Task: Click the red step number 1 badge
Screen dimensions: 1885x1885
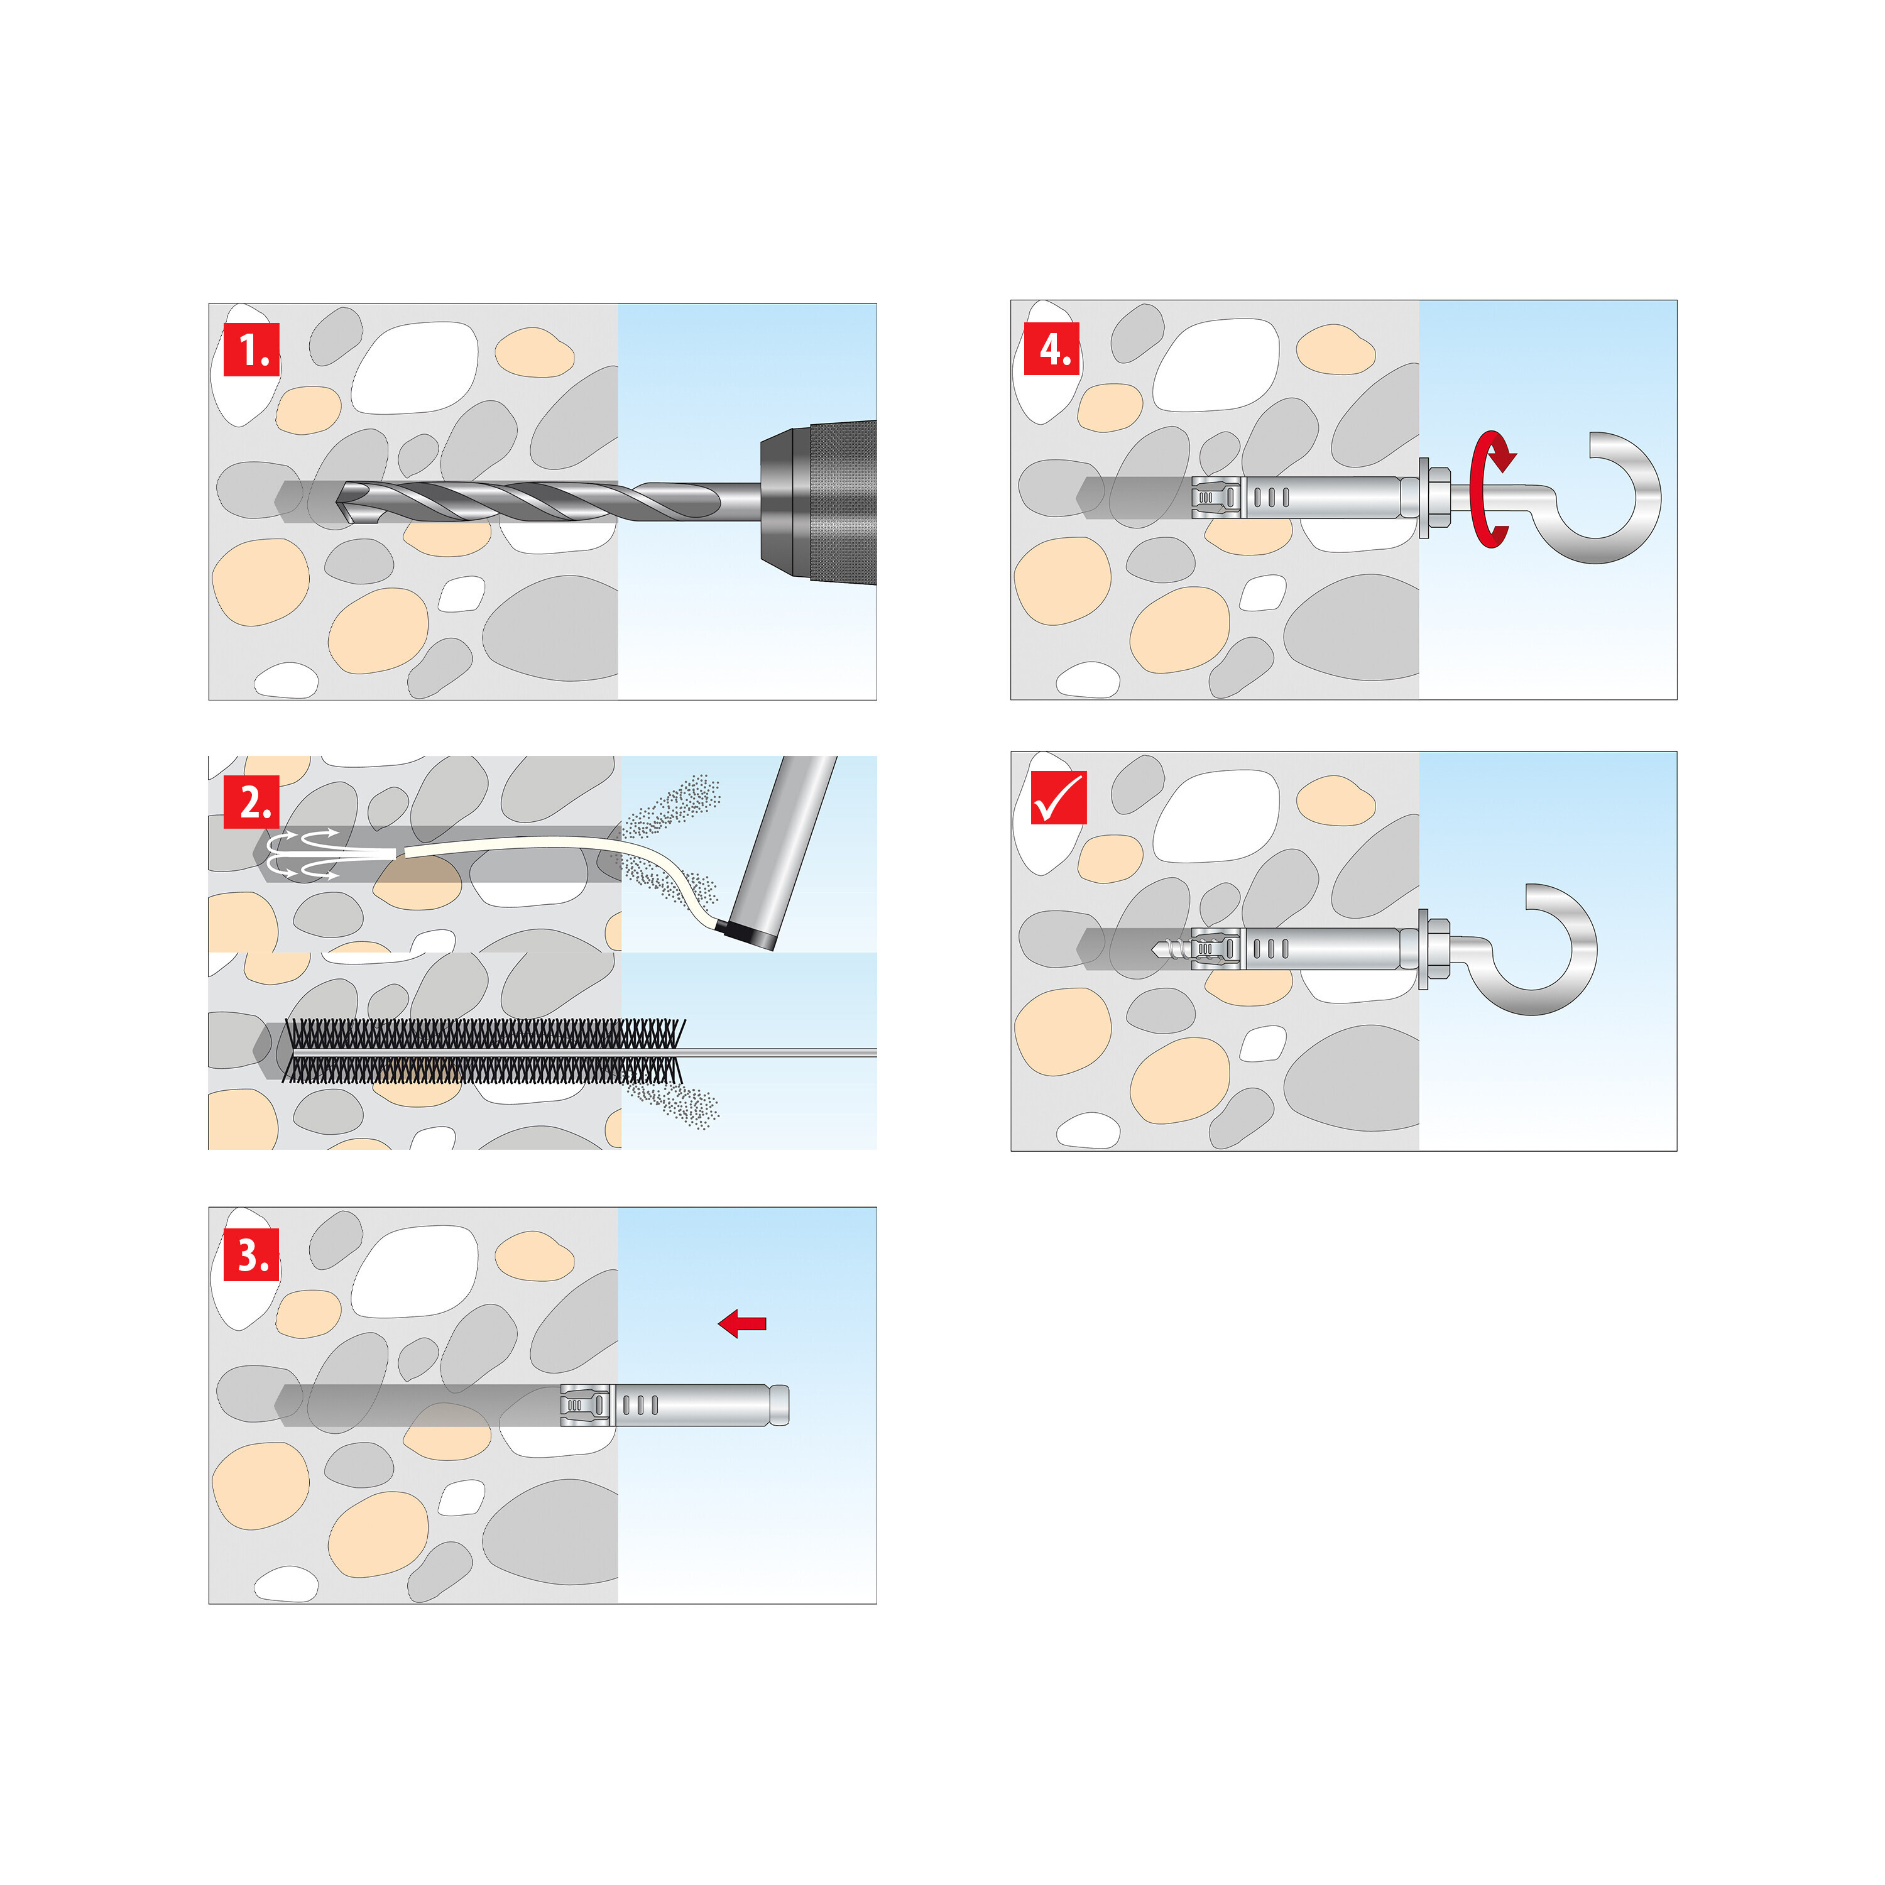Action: (x=252, y=349)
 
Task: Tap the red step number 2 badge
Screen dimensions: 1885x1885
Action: (x=252, y=802)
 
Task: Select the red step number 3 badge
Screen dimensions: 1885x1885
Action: (x=252, y=1254)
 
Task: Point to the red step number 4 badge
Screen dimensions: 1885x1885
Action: (x=1052, y=347)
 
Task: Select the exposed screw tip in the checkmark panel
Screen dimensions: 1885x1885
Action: (x=1170, y=948)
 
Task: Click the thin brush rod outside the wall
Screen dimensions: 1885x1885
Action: (x=780, y=1052)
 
